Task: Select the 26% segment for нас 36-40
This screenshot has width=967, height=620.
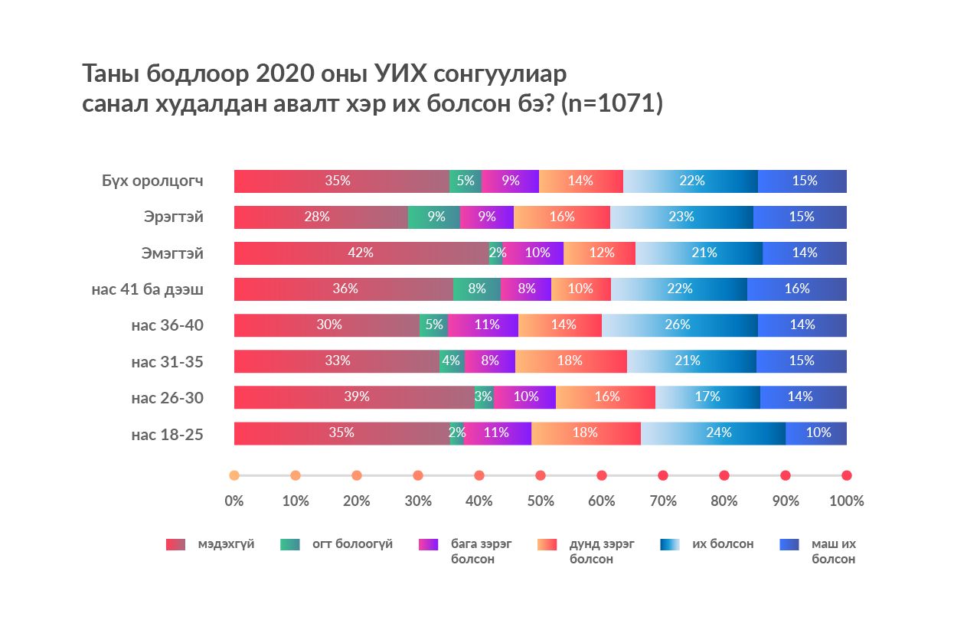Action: click(x=677, y=325)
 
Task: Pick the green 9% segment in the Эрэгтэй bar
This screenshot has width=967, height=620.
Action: click(x=434, y=217)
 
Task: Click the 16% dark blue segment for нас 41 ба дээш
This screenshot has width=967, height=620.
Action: click(x=796, y=289)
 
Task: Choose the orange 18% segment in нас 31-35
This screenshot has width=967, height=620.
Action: click(x=570, y=361)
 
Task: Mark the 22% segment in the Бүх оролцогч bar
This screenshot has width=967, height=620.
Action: click(x=691, y=181)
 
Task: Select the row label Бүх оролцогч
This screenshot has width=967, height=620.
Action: click(x=152, y=181)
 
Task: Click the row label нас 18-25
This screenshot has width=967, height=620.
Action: click(x=167, y=434)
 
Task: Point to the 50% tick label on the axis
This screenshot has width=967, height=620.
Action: click(x=541, y=501)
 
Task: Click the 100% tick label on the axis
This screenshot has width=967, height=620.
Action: click(x=846, y=501)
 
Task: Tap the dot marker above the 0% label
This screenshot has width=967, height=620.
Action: click(x=234, y=475)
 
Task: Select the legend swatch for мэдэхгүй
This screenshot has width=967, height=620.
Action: click(x=175, y=544)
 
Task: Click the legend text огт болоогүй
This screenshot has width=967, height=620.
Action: click(x=352, y=544)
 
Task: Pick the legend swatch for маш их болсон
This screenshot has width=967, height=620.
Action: click(x=789, y=544)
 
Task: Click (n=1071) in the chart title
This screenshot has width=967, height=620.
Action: click(x=612, y=104)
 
